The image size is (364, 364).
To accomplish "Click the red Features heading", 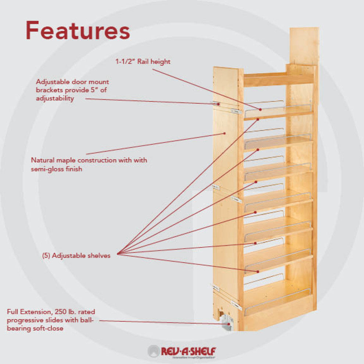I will (x=78, y=31).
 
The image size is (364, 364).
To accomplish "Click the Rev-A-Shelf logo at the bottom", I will (x=182, y=351).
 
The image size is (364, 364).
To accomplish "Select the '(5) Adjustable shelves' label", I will (x=76, y=256).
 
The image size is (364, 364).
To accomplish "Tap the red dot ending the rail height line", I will (x=260, y=109).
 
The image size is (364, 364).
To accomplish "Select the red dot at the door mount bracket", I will (x=218, y=104).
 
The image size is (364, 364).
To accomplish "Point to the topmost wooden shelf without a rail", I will (x=278, y=79).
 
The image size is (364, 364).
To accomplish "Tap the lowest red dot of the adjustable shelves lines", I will (x=258, y=272).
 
